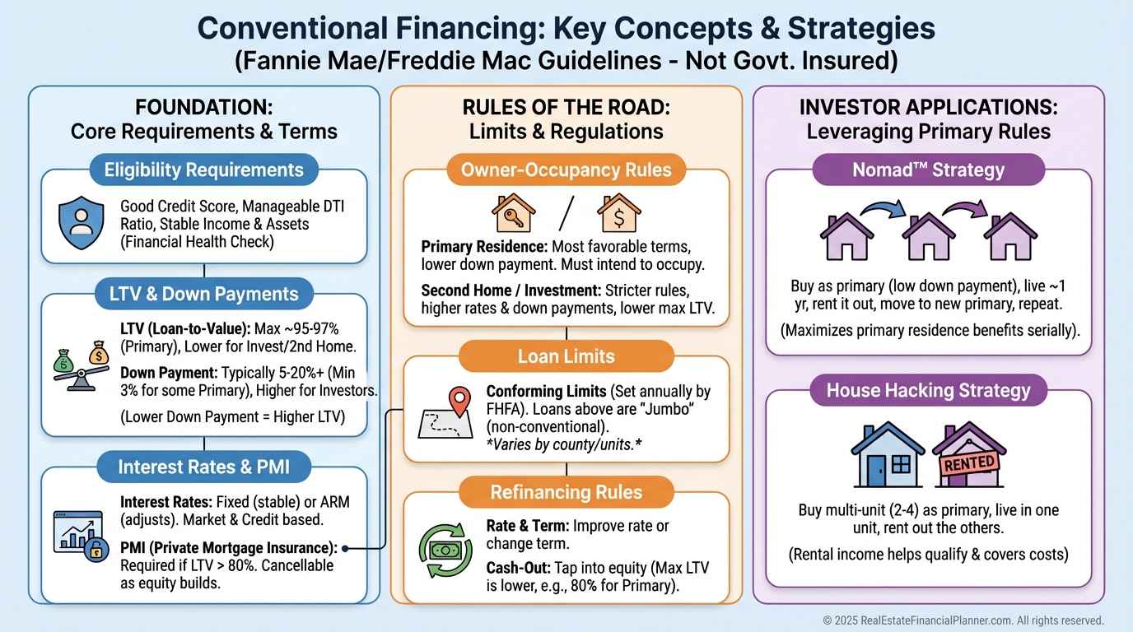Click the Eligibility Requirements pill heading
(x=204, y=170)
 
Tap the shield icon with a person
(x=81, y=223)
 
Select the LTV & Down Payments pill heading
(x=204, y=294)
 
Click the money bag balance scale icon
(x=81, y=365)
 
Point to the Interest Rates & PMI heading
(x=204, y=467)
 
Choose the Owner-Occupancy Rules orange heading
(x=566, y=170)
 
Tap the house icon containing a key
(x=514, y=213)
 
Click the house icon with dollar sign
(x=619, y=213)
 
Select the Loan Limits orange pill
(x=566, y=356)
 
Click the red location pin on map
(x=459, y=401)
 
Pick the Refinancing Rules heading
(x=566, y=492)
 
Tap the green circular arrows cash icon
(x=445, y=550)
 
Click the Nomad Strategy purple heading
(x=929, y=170)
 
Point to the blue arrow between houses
(x=884, y=207)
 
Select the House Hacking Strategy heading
(x=929, y=390)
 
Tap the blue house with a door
(x=888, y=454)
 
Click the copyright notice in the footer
(x=963, y=620)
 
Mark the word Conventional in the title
(x=292, y=28)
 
